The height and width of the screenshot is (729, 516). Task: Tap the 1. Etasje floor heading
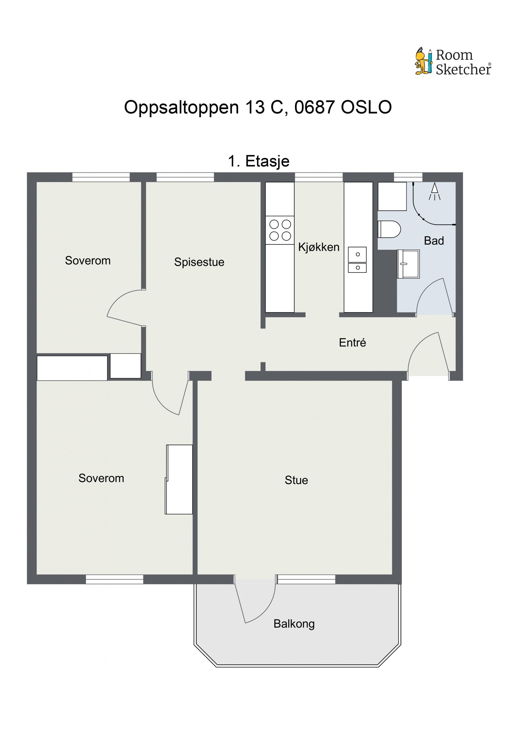258,161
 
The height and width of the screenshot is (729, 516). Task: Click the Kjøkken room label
318,247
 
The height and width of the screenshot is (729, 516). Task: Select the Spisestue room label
199,262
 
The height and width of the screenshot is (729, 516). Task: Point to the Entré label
352,342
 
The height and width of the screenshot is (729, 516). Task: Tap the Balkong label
294,624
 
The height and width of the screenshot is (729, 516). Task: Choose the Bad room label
433,241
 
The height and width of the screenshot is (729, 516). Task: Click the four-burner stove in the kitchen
280,230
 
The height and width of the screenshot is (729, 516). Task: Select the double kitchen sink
357,260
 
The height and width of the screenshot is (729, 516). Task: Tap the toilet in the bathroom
389,229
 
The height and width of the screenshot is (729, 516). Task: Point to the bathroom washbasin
408,264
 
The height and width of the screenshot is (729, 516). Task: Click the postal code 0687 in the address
314,107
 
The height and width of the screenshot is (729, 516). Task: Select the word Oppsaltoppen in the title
181,107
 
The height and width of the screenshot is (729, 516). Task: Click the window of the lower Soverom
114,579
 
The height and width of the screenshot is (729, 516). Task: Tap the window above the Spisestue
185,177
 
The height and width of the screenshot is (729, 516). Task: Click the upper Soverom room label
88,260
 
